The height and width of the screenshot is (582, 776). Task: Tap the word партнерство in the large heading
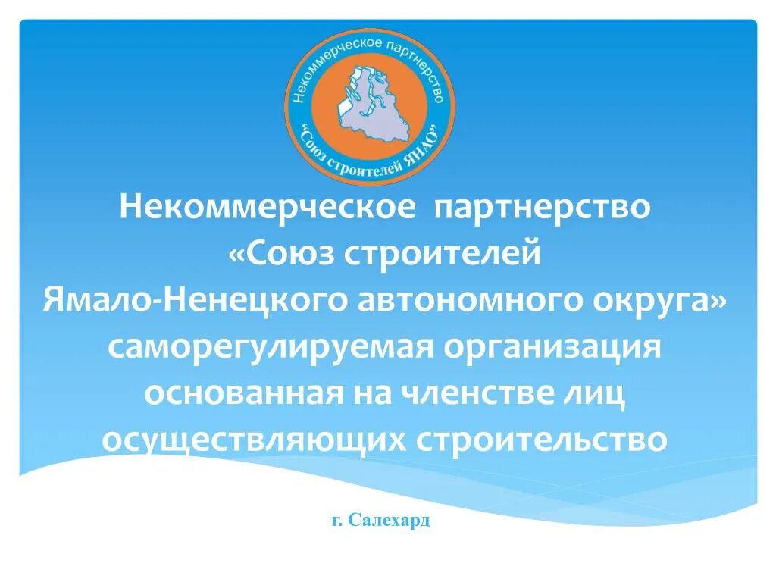click(x=542, y=207)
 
